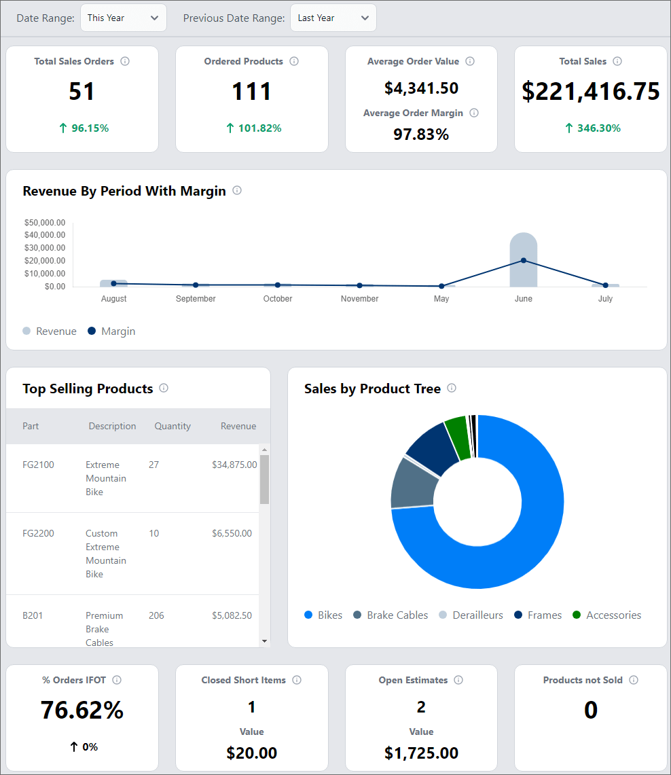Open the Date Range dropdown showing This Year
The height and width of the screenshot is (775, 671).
(x=123, y=18)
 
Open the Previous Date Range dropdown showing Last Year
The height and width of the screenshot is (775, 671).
(x=333, y=18)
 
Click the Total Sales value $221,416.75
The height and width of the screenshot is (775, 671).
(x=590, y=91)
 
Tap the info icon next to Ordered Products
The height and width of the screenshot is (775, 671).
(x=294, y=61)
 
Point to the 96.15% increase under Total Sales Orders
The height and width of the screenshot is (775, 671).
(x=82, y=128)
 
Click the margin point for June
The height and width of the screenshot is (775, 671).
(x=524, y=261)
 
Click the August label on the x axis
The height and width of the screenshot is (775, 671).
(x=114, y=299)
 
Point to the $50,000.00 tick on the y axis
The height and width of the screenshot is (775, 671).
(x=45, y=223)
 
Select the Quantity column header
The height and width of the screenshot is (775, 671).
(x=173, y=427)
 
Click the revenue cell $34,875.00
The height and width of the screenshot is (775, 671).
(x=234, y=465)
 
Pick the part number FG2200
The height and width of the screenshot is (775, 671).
(x=38, y=534)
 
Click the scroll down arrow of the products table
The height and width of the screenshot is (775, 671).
(x=264, y=641)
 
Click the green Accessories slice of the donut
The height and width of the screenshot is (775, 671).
(x=457, y=437)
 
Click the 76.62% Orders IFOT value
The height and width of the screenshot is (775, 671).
(x=82, y=710)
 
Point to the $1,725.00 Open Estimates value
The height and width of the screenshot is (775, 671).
(x=421, y=753)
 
